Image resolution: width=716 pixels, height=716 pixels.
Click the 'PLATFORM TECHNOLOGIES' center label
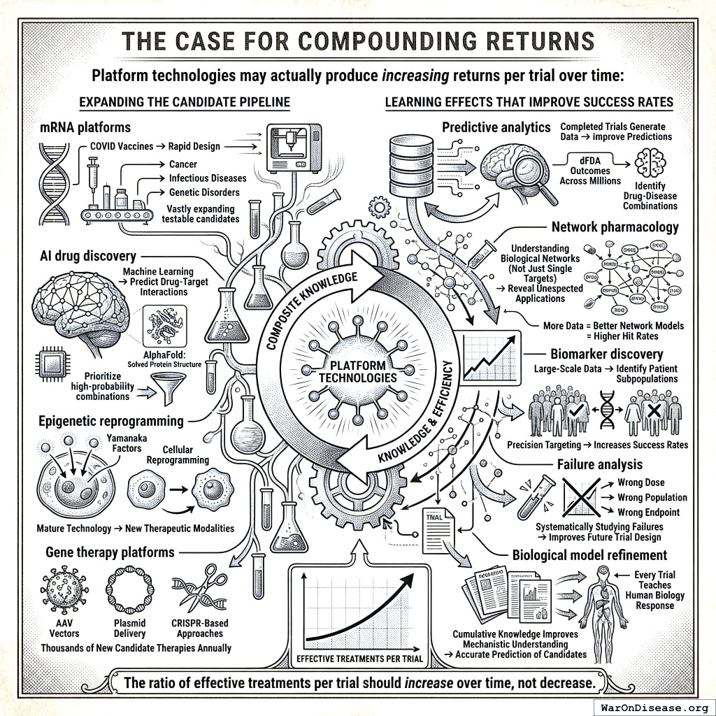pyautogui.click(x=357, y=371)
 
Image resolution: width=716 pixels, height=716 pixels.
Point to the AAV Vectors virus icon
pyautogui.click(x=64, y=591)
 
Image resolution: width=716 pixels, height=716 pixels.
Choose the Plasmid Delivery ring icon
pyautogui.click(x=129, y=590)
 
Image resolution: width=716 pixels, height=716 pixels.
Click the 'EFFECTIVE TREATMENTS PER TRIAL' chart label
pyautogui.click(x=357, y=658)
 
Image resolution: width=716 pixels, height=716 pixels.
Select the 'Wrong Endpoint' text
pyautogui.click(x=648, y=513)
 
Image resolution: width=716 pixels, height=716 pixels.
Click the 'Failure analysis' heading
pyautogui.click(x=599, y=464)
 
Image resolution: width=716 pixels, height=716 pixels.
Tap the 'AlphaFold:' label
pyautogui.click(x=167, y=354)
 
